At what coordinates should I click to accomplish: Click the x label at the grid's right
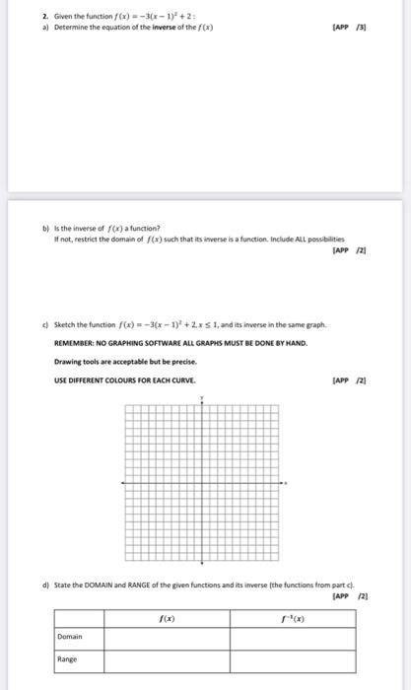pos(287,482)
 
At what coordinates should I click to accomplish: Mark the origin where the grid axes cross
pos(204,482)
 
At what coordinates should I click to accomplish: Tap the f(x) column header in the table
pos(168,618)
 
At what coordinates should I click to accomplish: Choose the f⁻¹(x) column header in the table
pos(293,618)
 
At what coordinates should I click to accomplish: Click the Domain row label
pos(70,637)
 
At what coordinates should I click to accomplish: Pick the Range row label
pos(67,659)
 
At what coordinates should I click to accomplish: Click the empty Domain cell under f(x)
pos(168,637)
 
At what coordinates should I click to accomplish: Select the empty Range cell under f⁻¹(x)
pos(293,659)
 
